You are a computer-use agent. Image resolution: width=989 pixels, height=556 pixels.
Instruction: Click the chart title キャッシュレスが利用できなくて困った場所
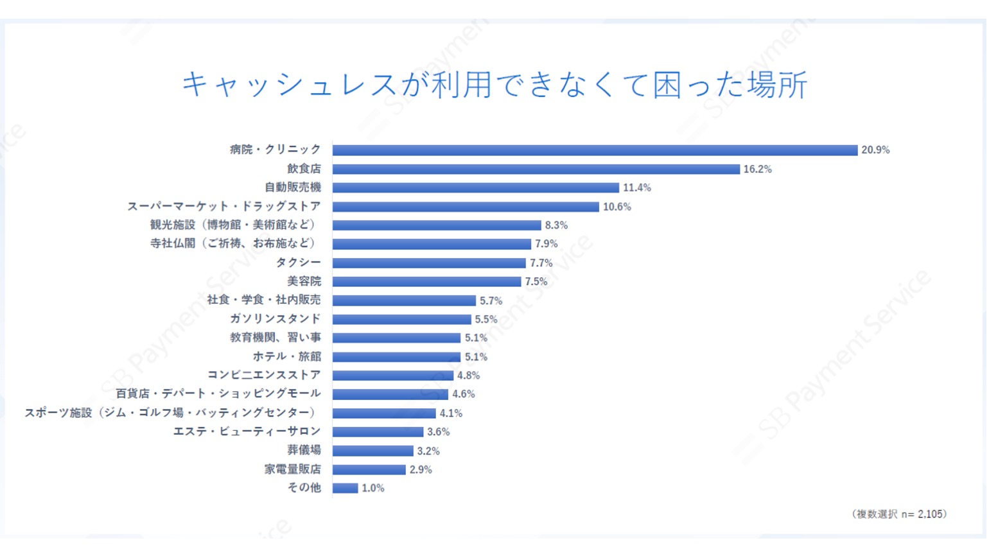[494, 85]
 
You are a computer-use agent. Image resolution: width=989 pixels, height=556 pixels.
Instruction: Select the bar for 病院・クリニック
[595, 150]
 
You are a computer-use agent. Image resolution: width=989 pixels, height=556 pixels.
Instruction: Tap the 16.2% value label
[757, 169]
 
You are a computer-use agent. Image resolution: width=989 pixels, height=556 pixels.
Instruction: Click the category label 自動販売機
[293, 187]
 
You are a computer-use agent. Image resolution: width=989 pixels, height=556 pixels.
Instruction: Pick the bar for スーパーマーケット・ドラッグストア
[466, 207]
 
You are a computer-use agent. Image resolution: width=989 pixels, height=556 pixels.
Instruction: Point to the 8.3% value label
[556, 225]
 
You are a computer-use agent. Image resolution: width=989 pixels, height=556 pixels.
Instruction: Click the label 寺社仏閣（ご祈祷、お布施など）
[233, 244]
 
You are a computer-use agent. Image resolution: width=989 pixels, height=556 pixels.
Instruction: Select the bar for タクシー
[429, 263]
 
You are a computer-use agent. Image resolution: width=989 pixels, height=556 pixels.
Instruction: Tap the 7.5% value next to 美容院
[536, 282]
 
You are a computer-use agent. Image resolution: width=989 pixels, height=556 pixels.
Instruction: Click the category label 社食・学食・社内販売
[264, 300]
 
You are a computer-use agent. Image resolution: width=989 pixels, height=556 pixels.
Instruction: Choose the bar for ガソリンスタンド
[401, 320]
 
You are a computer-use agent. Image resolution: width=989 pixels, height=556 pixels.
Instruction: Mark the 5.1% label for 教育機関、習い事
[476, 338]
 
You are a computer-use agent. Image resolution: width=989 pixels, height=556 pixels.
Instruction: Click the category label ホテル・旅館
[287, 357]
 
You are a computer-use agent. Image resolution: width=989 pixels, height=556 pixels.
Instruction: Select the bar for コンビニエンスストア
[392, 376]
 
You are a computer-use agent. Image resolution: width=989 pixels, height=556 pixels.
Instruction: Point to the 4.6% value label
[463, 394]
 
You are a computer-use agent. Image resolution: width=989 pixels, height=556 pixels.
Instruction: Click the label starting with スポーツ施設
[171, 413]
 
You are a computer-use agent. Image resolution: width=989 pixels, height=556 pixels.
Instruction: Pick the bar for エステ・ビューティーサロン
[378, 432]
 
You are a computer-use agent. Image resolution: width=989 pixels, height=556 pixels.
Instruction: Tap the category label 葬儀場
[304, 451]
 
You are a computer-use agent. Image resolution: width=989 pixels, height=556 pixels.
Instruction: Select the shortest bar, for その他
[345, 489]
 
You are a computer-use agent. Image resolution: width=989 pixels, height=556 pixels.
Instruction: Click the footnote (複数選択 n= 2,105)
[898, 514]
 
